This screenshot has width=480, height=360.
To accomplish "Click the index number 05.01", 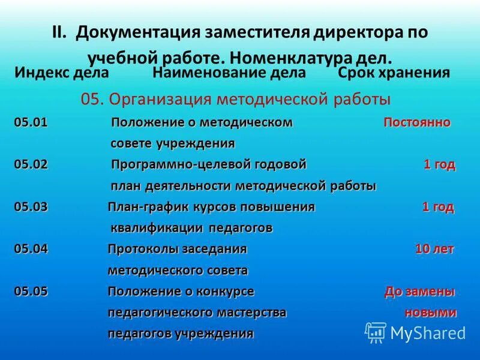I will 31,123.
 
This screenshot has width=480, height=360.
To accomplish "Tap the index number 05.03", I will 31,207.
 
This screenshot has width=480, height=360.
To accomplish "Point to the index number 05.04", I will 31,249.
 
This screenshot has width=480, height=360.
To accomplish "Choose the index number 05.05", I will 31,292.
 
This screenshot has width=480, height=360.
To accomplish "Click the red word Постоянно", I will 417,123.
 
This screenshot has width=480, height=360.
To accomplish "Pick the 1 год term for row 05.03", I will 438,207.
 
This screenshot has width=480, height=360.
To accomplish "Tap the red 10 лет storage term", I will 435,249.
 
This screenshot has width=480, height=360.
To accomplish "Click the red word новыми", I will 431,313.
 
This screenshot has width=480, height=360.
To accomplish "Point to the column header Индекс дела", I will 61,73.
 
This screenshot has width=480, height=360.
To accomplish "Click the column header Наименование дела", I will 229,73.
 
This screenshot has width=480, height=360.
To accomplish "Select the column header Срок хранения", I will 394,73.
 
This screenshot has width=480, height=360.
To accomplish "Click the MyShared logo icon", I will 376,332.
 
